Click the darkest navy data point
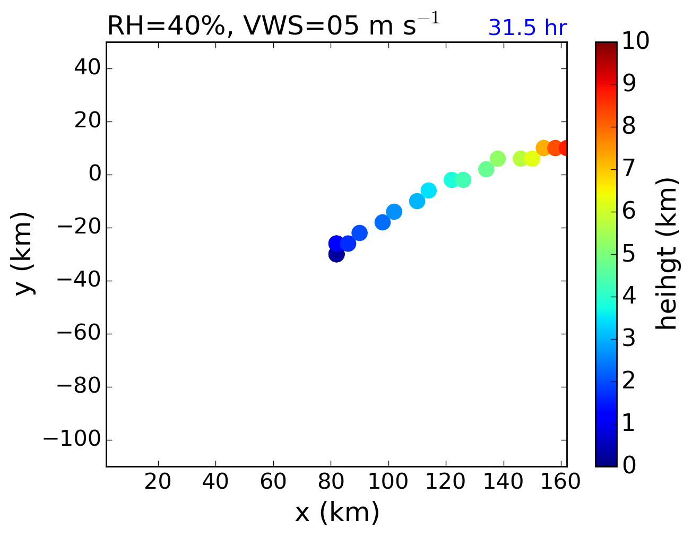point(336,254)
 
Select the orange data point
point(543,148)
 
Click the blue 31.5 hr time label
point(527,28)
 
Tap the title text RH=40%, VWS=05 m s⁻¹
point(273,26)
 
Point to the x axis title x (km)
point(337,513)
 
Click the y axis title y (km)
point(24,254)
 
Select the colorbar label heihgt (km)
point(667,254)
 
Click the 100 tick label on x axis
point(388,482)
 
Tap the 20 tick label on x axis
point(158,482)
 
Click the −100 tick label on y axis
point(71,439)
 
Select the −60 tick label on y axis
point(79,333)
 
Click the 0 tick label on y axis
point(94,175)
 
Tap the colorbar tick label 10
point(636,41)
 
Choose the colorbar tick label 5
point(629,254)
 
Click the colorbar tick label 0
point(629,465)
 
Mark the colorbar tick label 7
point(629,169)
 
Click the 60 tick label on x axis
point(273,482)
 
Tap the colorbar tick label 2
point(629,380)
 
